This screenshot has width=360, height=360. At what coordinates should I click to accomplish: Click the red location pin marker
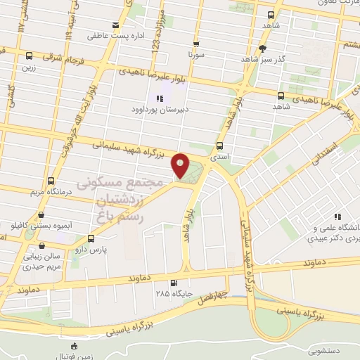tap(181, 165)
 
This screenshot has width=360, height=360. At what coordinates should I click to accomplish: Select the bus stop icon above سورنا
tap(197, 41)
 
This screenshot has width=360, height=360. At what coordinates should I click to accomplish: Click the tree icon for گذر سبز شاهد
tap(263, 49)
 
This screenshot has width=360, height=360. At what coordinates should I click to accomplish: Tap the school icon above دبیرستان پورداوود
tap(160, 98)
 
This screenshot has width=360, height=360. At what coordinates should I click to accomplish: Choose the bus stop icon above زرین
tap(29, 56)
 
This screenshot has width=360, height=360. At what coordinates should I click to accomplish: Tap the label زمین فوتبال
tap(75, 355)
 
